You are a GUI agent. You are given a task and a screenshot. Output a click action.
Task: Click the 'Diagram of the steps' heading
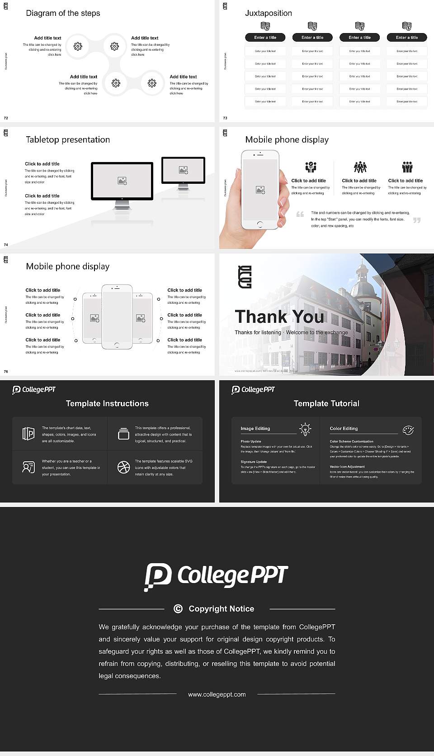click(x=63, y=13)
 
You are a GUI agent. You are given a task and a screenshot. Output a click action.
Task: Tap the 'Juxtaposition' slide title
click(x=268, y=13)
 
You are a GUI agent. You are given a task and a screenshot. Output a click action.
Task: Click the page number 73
click(x=225, y=118)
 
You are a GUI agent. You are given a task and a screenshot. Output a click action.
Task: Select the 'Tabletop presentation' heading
click(x=68, y=140)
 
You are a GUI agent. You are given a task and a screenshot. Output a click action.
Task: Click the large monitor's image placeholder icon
click(x=122, y=181)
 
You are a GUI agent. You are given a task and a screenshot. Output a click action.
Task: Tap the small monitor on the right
click(x=183, y=171)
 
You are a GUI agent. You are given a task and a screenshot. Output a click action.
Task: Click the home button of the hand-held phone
click(x=259, y=224)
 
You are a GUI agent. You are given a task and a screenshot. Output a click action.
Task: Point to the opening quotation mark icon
click(x=300, y=214)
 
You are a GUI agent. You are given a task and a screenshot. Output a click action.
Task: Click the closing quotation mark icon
click(x=417, y=220)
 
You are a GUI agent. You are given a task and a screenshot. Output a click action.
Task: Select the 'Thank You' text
click(x=279, y=316)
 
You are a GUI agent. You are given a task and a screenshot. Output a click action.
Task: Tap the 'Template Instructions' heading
click(x=107, y=403)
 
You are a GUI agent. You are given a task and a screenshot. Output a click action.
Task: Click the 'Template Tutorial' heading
click(x=326, y=403)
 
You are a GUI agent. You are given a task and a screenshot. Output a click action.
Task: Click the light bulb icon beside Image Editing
click(x=305, y=429)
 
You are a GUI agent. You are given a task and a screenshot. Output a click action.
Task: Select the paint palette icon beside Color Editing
click(x=408, y=430)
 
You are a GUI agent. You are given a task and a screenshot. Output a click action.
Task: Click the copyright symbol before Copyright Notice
click(x=178, y=609)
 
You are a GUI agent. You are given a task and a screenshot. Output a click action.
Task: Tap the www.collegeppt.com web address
click(x=217, y=694)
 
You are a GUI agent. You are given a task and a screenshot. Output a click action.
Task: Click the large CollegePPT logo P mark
click(x=158, y=576)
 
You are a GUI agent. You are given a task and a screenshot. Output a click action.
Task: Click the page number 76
click(x=6, y=372)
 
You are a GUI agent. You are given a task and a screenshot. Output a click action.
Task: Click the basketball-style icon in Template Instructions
click(x=123, y=467)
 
